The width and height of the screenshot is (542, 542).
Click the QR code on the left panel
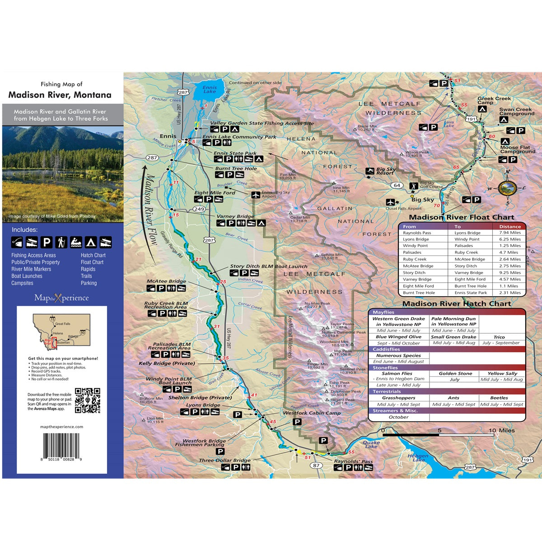[87, 400]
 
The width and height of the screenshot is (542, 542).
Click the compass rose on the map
[508, 187]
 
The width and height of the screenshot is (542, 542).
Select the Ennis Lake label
[210, 89]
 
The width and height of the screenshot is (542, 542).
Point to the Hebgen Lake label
[418, 458]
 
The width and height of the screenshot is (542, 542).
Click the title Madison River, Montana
[60, 95]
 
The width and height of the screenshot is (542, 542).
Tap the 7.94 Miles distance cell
[509, 233]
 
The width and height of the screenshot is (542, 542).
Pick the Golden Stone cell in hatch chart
[455, 374]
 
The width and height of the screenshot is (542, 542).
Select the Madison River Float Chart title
[462, 217]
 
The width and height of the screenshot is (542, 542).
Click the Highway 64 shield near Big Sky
[397, 185]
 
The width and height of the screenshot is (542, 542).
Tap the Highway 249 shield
[199, 209]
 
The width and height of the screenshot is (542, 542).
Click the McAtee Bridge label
[166, 281]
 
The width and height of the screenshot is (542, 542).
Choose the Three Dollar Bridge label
[224, 461]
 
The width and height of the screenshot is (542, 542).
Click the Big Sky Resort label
[385, 171]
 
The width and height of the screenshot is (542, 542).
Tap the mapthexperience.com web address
[61, 427]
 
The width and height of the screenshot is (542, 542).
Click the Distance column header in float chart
[509, 227]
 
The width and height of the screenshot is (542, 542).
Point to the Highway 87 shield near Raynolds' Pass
[316, 466]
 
